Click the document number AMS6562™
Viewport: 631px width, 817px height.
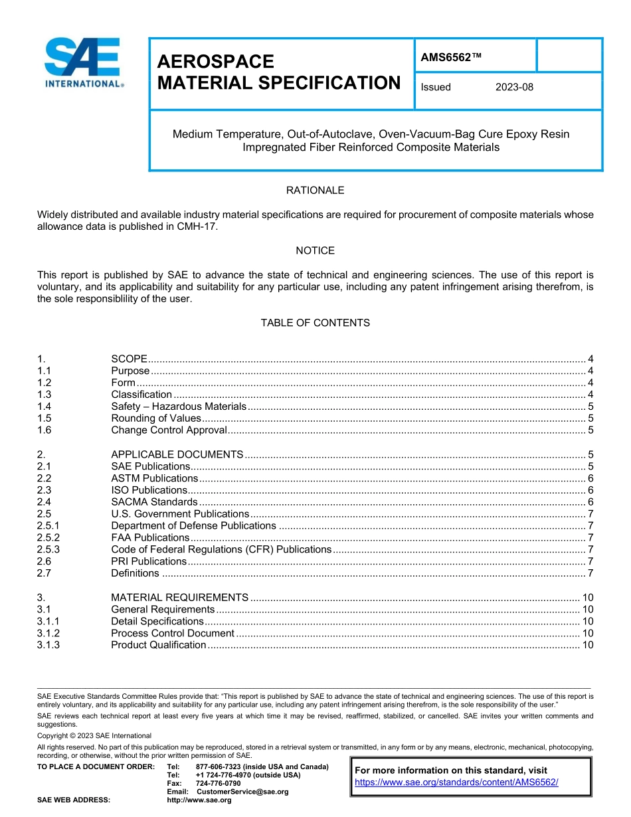point(450,57)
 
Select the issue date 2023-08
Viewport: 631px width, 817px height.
point(514,87)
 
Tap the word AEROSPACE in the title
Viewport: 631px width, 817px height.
point(215,62)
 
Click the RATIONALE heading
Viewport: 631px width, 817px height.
point(315,191)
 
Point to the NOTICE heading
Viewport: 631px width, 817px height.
point(315,250)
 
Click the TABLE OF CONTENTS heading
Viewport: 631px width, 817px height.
point(315,323)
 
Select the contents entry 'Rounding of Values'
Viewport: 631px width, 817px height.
point(155,418)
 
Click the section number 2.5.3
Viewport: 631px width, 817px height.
point(48,549)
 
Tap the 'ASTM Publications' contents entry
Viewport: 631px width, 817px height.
point(154,478)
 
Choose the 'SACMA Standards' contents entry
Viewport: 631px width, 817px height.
point(154,502)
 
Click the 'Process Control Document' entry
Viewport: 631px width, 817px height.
point(172,633)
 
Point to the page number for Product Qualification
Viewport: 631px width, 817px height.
point(587,645)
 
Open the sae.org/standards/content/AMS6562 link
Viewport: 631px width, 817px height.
point(456,782)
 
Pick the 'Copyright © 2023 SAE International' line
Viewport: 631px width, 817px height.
point(94,735)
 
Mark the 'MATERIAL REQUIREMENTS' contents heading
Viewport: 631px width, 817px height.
point(179,597)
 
